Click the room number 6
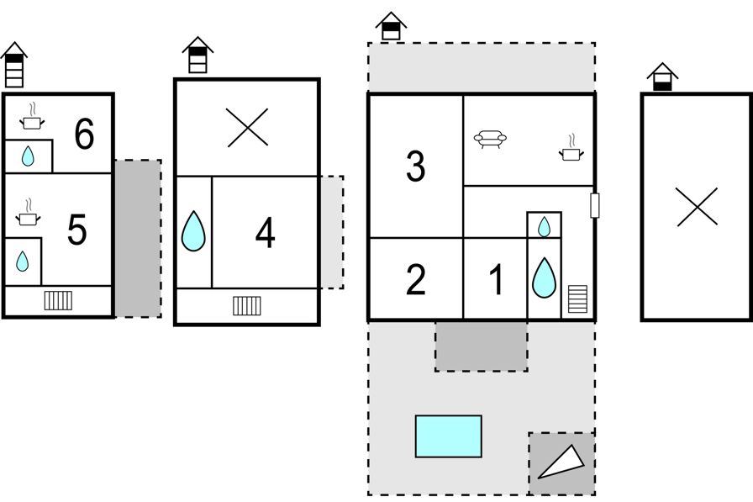click(84, 135)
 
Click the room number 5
click(76, 230)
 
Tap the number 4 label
click(265, 233)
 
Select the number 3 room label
click(415, 166)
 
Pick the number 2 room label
click(415, 280)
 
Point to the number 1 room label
click(497, 280)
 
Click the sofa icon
click(490, 140)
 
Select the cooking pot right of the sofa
click(571, 149)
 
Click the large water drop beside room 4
click(193, 231)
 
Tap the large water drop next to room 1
click(544, 277)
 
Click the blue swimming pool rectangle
click(449, 436)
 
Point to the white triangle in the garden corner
click(561, 462)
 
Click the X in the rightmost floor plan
click(697, 207)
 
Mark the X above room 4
click(247, 128)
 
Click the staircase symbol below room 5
click(58, 300)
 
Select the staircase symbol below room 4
click(247, 305)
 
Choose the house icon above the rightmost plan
click(662, 77)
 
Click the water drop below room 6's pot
click(28, 156)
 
